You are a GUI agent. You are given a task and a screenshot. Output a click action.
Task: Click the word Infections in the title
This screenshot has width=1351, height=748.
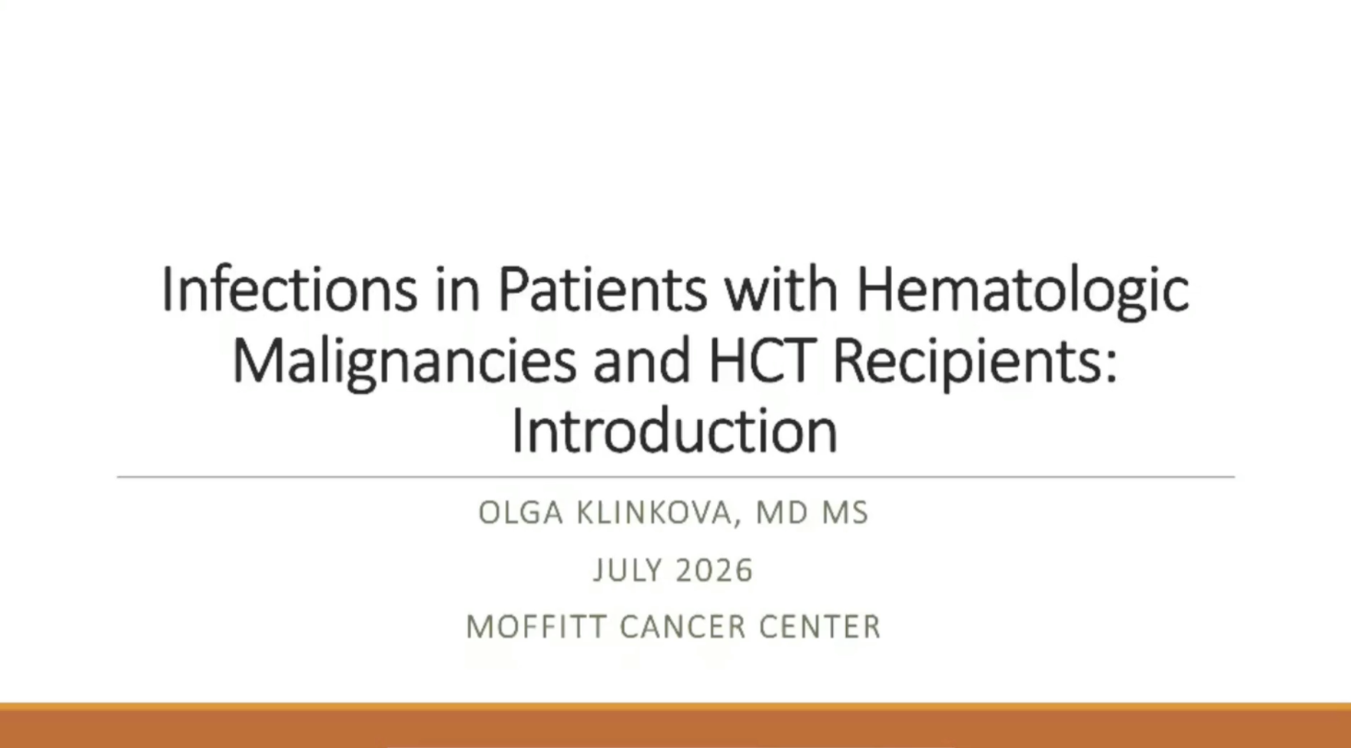[289, 289]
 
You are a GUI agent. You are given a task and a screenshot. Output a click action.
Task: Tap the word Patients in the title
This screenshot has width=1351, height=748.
[603, 289]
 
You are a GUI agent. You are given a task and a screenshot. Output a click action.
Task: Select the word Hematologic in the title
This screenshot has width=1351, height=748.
[1022, 293]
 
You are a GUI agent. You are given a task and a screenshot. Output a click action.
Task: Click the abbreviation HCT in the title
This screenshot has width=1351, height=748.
[761, 360]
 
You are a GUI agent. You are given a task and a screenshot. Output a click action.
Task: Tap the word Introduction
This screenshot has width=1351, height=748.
[675, 430]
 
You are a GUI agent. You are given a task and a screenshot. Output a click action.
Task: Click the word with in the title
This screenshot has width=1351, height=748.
[781, 289]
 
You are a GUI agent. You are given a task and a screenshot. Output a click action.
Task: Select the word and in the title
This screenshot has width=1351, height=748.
[641, 360]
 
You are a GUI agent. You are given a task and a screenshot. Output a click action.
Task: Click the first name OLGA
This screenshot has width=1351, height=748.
[521, 513]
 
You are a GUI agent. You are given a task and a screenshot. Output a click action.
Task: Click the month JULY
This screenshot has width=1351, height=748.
[626, 570]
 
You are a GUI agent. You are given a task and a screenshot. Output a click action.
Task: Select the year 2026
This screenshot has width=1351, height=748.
[715, 570]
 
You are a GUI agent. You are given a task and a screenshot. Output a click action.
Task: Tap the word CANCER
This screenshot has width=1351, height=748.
[684, 626]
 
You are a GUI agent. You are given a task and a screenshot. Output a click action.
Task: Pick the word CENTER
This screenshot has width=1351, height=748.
[820, 626]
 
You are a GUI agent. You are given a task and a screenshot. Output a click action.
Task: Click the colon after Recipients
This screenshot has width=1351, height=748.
[1111, 368]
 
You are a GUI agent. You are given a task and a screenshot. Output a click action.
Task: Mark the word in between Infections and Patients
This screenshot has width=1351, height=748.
[458, 290]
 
